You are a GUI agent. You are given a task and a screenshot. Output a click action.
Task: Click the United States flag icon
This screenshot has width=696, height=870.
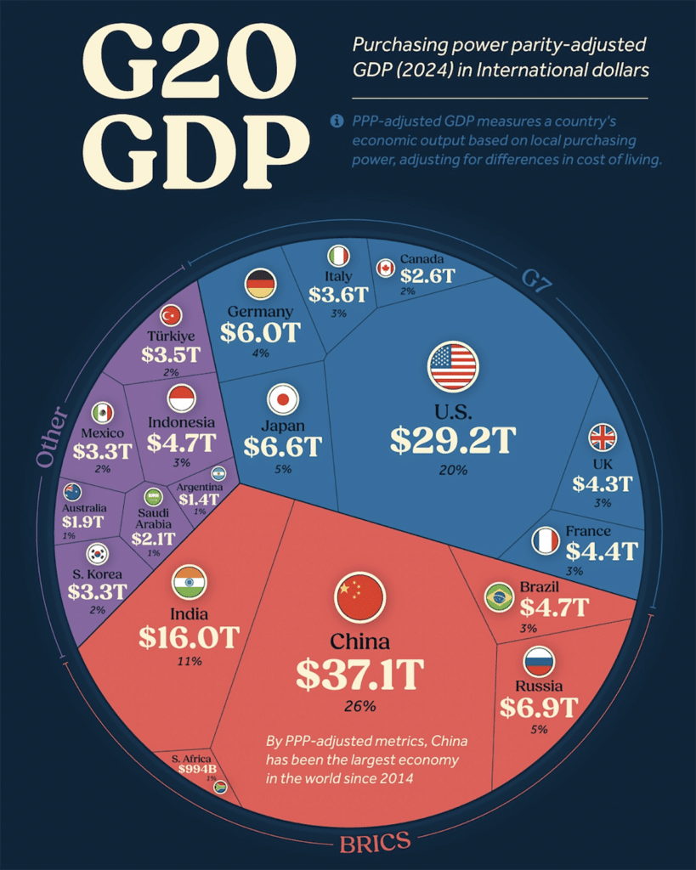pos(454,366)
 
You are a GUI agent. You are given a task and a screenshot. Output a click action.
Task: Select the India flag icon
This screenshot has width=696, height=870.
pos(190,582)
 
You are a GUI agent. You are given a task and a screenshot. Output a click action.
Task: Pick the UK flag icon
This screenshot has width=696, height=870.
pos(603,438)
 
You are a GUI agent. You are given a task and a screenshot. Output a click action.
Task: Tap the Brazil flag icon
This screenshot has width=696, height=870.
pos(498,596)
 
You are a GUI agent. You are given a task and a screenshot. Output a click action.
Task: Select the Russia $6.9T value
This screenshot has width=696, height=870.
pos(538,707)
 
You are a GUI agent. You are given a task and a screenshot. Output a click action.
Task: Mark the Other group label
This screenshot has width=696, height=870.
pos(49,435)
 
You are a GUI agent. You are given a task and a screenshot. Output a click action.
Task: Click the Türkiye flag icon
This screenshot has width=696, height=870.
pos(172,315)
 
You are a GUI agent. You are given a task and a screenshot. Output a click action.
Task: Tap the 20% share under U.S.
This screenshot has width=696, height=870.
pos(453,469)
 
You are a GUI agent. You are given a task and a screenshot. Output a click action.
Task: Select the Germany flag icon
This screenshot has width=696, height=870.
pos(260,284)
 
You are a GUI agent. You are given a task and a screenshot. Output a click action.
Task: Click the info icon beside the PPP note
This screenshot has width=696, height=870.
pos(337,121)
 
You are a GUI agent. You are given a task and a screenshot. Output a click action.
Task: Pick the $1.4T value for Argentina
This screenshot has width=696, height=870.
pos(198,500)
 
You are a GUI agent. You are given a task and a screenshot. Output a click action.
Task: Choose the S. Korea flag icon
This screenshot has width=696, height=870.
pos(97,554)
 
